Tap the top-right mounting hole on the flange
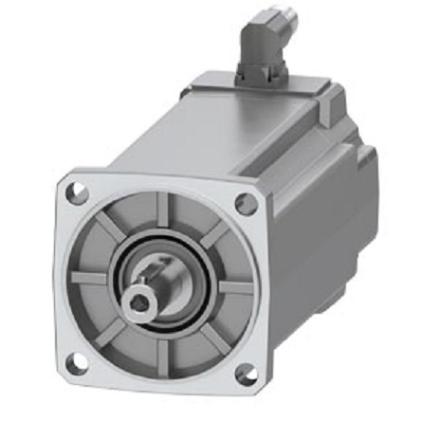246,203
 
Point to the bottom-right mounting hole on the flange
245,374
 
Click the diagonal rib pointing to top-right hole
214,233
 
